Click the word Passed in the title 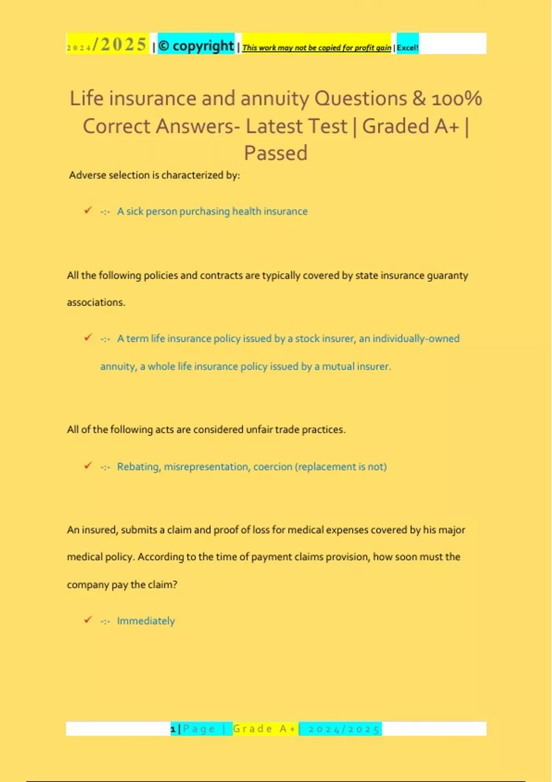tap(276, 153)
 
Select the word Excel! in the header tap(408, 47)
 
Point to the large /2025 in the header tap(120, 45)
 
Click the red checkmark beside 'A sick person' tap(88, 210)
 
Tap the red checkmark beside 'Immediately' tap(88, 620)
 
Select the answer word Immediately tap(146, 621)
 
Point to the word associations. tap(96, 303)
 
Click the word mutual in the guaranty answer tap(339, 367)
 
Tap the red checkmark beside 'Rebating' tap(88, 466)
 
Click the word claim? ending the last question tap(163, 585)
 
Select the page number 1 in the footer tap(173, 729)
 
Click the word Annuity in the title tap(275, 98)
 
